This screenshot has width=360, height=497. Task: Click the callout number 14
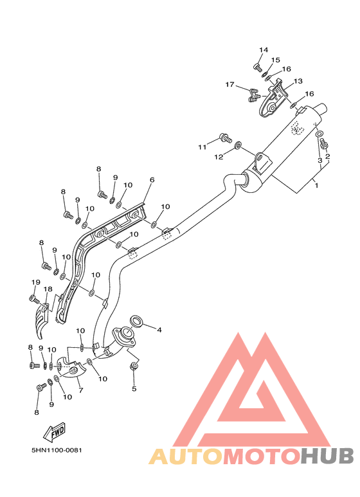click(264, 50)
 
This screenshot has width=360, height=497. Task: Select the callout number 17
click(230, 84)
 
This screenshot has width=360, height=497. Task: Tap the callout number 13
click(298, 81)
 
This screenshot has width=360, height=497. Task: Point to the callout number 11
click(203, 147)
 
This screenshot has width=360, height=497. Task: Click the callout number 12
click(219, 157)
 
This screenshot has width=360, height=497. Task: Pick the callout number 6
click(152, 180)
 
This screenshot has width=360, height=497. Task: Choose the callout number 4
click(159, 330)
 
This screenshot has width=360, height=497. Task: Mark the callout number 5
click(134, 388)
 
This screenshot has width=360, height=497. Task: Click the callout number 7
click(81, 390)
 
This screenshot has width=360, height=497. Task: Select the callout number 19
click(36, 282)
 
